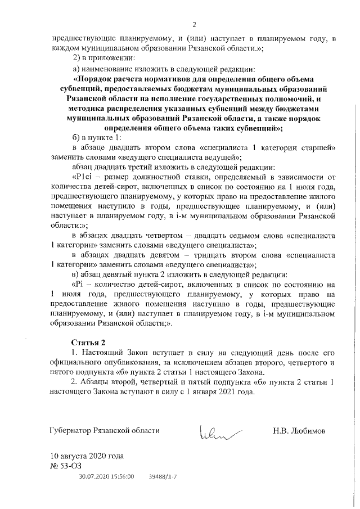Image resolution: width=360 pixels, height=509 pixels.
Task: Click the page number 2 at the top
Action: point(193,24)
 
